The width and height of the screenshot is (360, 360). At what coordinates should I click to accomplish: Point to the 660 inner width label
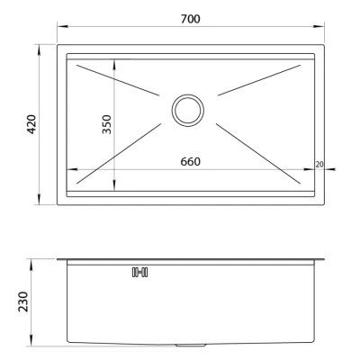coord(190,162)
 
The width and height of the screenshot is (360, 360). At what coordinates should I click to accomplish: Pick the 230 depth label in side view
coord(30,301)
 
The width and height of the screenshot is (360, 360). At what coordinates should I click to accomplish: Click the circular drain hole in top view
coord(188,111)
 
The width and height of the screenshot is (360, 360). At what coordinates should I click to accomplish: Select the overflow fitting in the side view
coord(140,271)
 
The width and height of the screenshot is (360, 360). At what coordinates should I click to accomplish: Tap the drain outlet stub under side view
coord(188,347)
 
